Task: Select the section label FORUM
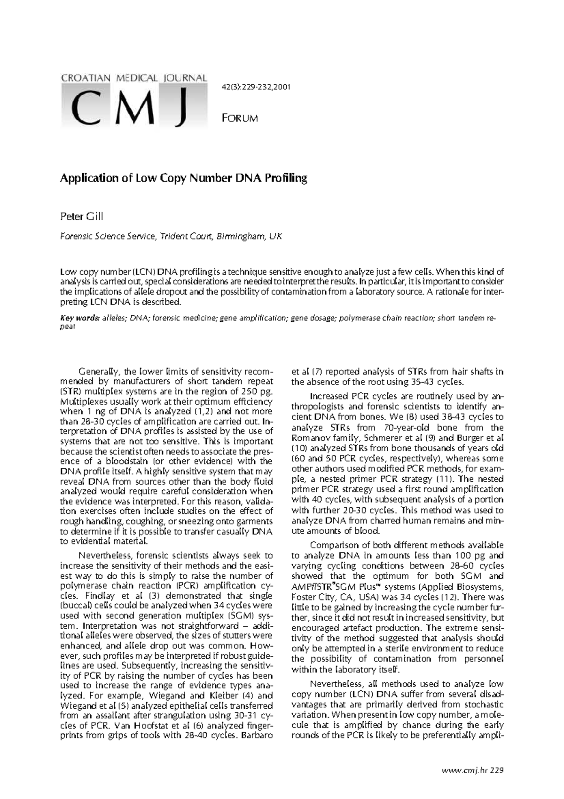point(239,118)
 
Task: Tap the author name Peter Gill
point(81,217)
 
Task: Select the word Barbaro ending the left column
point(257,735)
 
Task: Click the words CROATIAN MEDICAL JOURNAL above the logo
point(134,78)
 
